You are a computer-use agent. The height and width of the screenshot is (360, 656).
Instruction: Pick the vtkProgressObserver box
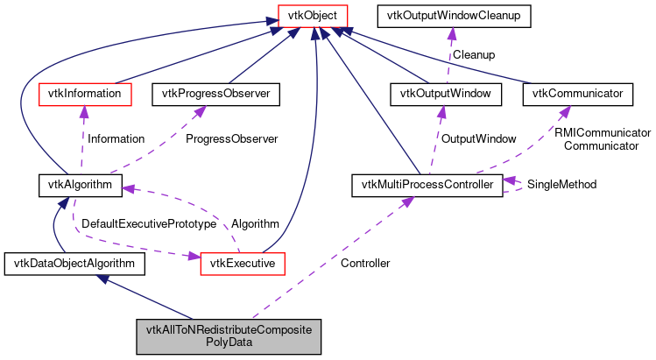pos(215,92)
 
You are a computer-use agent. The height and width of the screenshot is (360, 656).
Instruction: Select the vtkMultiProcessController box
pos(426,185)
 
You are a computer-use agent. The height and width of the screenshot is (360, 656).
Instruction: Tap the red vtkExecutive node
pos(239,262)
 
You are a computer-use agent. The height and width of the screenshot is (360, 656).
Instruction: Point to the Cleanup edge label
pos(473,54)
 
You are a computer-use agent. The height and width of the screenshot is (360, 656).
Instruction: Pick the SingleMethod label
pos(561,185)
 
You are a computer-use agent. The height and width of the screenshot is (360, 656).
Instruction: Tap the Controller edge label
pos(365,263)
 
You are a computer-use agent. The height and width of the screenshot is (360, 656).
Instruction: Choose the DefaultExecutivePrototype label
pos(149,224)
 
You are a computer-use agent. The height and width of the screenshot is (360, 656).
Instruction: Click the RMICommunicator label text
pos(603,132)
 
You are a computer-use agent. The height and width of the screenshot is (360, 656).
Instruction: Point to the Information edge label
pos(116,138)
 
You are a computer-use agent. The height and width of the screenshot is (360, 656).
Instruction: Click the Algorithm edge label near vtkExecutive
pos(255,224)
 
